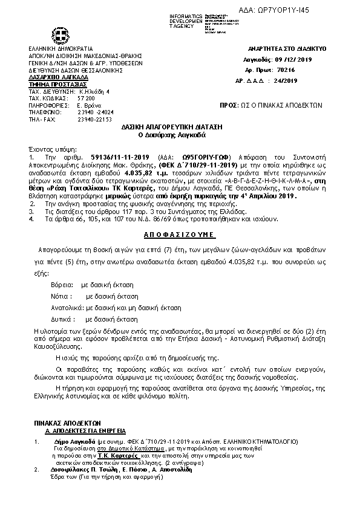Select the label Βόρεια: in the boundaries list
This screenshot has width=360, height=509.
(62, 284)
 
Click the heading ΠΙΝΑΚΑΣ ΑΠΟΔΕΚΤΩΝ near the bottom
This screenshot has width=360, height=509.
(67, 423)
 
